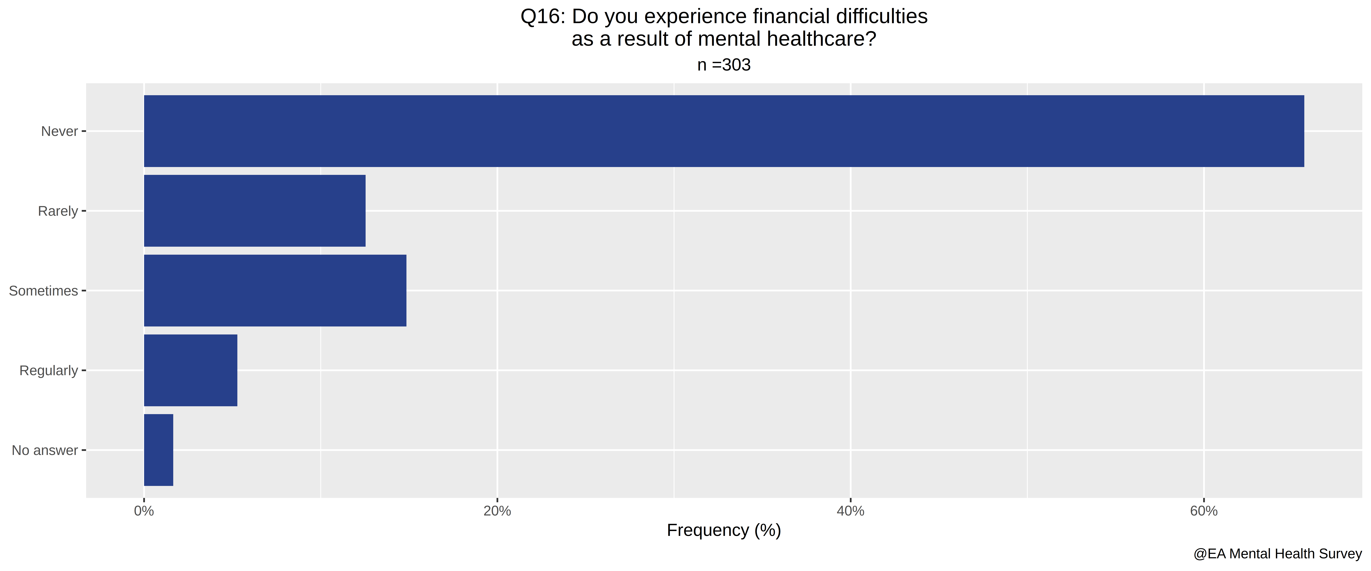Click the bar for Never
click(724, 131)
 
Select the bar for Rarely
click(255, 211)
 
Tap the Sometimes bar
click(275, 290)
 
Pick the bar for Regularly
click(191, 370)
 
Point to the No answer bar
click(159, 450)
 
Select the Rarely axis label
click(58, 211)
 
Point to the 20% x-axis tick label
click(497, 511)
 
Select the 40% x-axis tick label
click(850, 511)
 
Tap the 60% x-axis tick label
click(1204, 511)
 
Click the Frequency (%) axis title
click(724, 531)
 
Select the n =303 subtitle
click(724, 65)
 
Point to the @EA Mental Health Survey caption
click(1277, 554)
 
